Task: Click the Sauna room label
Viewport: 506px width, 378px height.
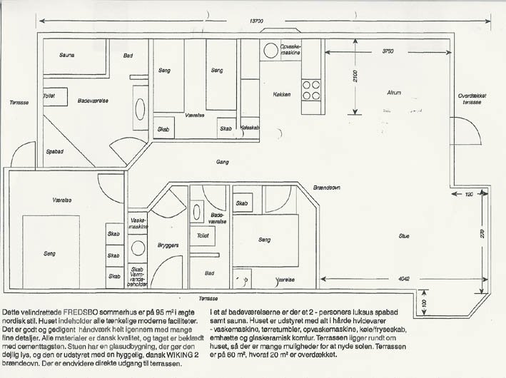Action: coord(67,55)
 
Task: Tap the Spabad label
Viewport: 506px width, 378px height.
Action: coord(54,151)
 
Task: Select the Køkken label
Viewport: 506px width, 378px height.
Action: coord(282,94)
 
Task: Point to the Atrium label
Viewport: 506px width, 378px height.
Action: coord(393,93)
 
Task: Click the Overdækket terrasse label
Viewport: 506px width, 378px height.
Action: coord(474,99)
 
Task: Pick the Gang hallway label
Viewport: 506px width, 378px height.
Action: coord(222,162)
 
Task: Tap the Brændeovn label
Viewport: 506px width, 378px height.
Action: coord(326,187)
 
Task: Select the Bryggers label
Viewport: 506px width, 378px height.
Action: coord(167,245)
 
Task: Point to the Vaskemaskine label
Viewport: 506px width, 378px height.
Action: coord(138,223)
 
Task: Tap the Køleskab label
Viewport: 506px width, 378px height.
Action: coord(249,128)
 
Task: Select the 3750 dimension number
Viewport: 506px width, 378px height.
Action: coord(388,51)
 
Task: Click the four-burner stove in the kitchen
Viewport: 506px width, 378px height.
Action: coord(311,90)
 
